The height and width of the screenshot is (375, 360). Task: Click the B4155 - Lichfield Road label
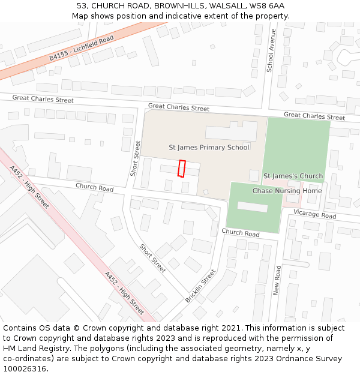(x=82, y=48)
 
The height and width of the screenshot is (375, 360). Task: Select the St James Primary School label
(x=209, y=147)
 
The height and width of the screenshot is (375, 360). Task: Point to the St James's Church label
(x=293, y=176)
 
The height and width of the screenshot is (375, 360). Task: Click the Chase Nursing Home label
(x=287, y=191)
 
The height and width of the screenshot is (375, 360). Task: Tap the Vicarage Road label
(x=315, y=214)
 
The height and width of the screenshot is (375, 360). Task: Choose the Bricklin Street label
(x=200, y=286)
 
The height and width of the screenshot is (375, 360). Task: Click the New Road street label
(x=277, y=279)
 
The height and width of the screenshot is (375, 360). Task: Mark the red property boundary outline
(x=181, y=169)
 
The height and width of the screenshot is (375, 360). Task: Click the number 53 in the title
(x=82, y=5)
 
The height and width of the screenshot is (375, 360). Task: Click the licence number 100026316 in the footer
(x=26, y=368)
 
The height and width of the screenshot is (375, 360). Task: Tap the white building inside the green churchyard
(x=252, y=206)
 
